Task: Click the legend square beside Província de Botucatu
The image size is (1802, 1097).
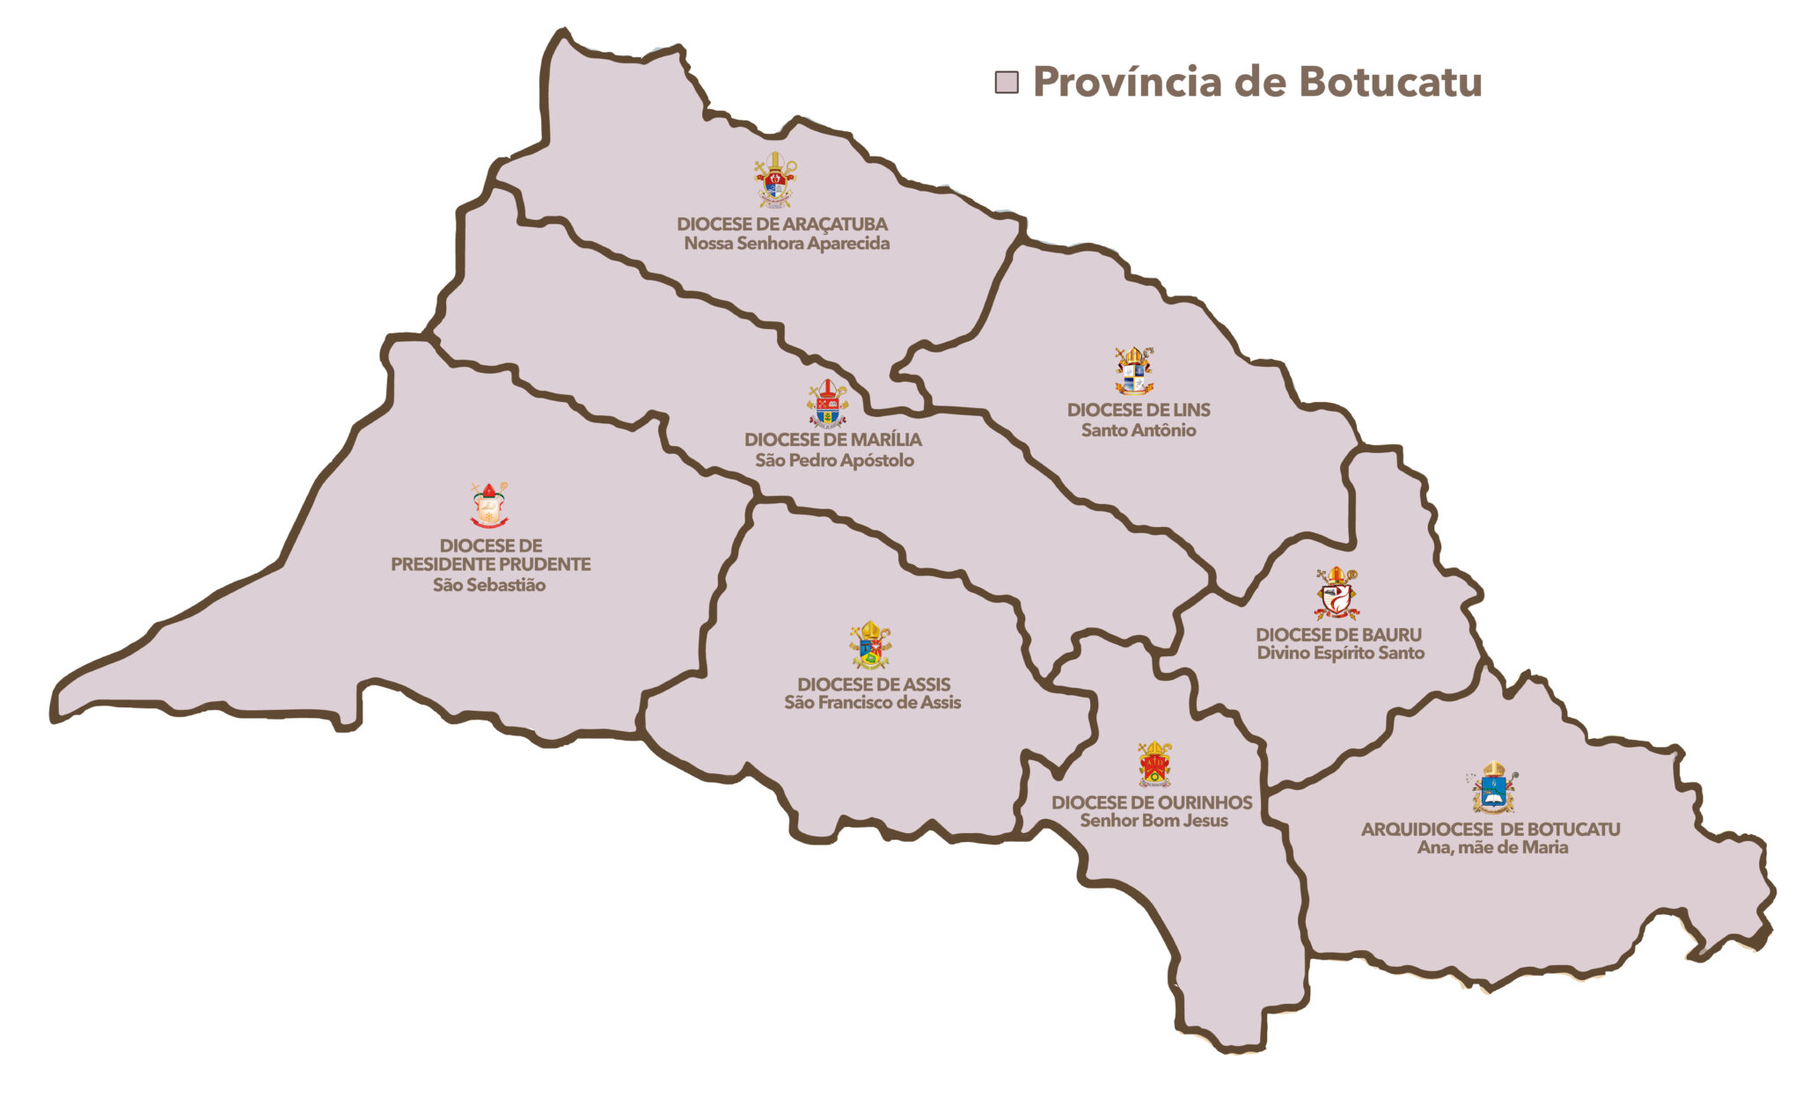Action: coord(1006,83)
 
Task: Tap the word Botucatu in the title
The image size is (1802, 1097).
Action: coord(1390,82)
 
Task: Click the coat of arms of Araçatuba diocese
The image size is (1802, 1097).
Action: coord(775,180)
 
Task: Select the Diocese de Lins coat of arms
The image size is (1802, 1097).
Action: coord(1134,370)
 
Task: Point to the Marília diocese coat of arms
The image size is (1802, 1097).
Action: coord(827,403)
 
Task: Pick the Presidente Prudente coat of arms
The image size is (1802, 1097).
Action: coord(489,504)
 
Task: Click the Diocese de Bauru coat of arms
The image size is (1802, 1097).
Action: coord(1337,593)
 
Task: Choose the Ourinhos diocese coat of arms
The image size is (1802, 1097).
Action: coord(1154,764)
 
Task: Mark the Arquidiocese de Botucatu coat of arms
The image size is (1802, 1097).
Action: coord(1493,787)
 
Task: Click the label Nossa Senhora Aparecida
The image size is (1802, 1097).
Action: coord(787,244)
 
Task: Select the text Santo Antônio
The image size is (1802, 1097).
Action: coord(1138,430)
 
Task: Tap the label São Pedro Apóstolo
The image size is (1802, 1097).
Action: coord(834,460)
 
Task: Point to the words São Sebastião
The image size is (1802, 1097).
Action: coord(489,585)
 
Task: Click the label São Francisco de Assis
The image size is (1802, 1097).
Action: coord(872,702)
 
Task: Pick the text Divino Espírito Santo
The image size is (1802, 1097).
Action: coord(1340,653)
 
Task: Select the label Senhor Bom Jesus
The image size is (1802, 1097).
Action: coord(1154,820)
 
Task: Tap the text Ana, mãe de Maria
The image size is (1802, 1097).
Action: coord(1492,847)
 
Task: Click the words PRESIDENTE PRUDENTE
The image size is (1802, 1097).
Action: coord(490,564)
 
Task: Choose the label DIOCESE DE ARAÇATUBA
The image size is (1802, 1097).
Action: coord(782,224)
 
